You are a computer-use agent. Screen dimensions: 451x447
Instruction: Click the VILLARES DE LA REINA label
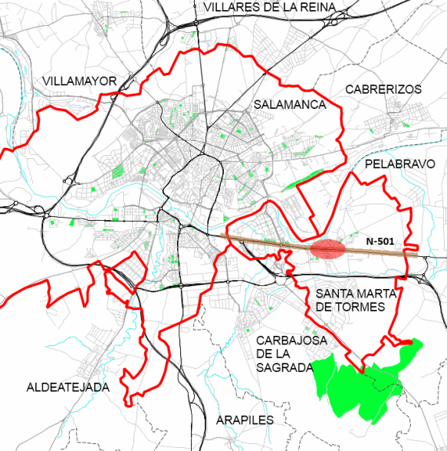[x=270, y=8]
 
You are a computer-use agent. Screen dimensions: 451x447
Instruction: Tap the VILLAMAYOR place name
[x=80, y=81]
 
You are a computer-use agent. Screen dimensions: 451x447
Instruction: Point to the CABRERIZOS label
[x=383, y=89]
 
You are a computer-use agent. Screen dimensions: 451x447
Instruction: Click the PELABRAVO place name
[x=400, y=164]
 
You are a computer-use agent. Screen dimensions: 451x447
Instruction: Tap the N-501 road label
[x=380, y=242]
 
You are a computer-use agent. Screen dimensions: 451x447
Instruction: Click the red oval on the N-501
[x=328, y=249]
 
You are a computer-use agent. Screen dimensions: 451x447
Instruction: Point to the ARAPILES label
[x=245, y=420]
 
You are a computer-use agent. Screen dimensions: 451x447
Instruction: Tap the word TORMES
[x=362, y=307]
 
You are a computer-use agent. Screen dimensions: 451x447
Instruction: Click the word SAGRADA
[x=283, y=367]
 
